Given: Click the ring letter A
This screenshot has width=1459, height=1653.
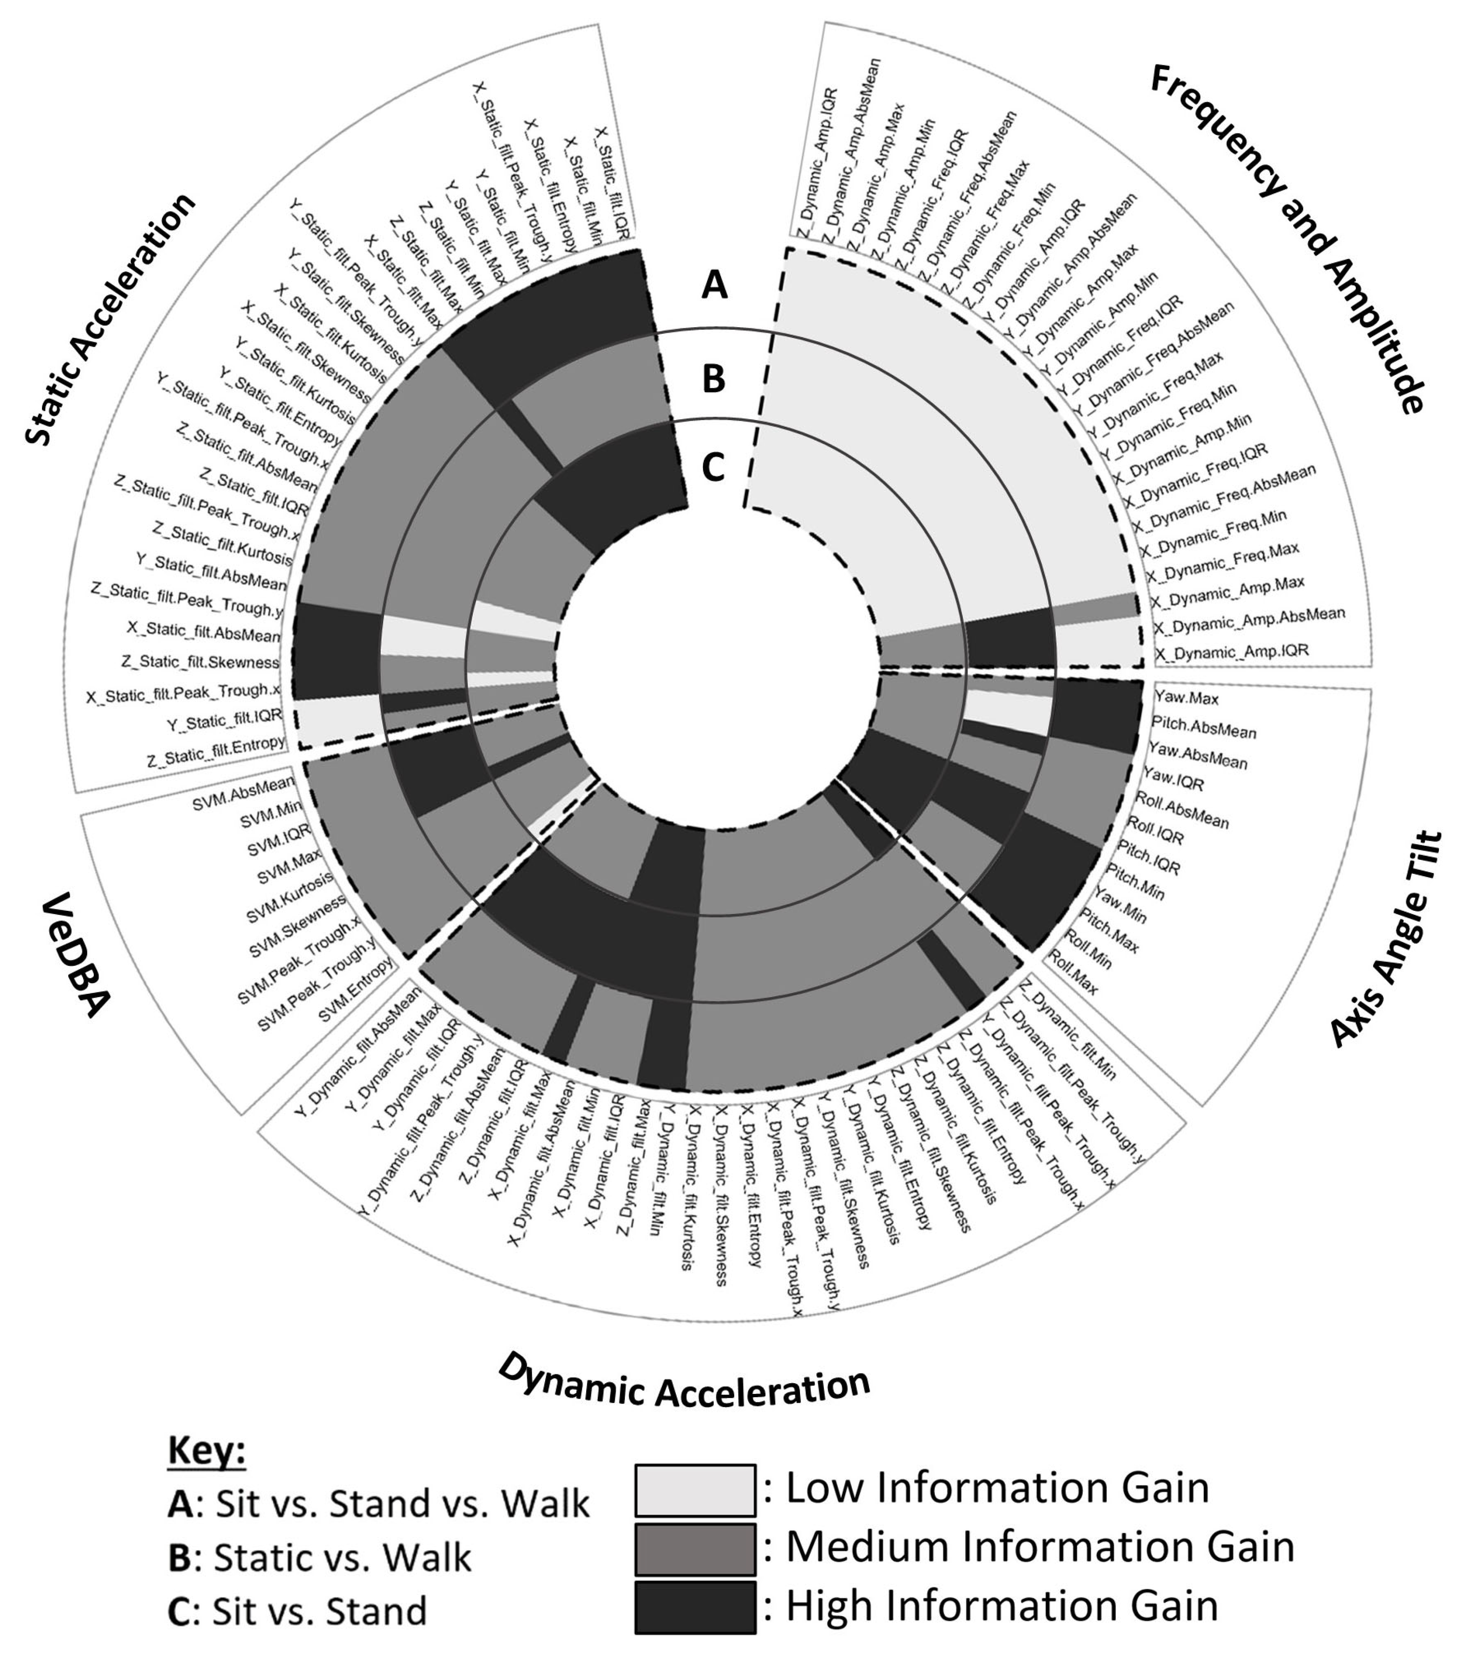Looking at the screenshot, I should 714,285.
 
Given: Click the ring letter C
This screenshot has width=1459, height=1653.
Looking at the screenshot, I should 713,467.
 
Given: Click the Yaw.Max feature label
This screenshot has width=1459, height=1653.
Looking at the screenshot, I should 1186,697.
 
